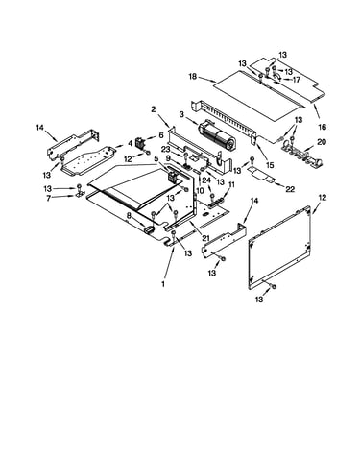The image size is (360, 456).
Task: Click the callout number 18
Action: [193, 77]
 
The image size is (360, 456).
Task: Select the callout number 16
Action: [323, 127]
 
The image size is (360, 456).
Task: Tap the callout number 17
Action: [297, 79]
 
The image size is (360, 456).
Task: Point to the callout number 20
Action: [322, 142]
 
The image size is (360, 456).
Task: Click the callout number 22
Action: [290, 189]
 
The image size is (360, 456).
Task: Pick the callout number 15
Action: [270, 165]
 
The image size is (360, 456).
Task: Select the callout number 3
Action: [181, 114]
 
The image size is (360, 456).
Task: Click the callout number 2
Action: [154, 109]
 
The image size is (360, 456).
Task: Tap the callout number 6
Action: [161, 135]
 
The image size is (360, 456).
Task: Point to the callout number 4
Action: [130, 143]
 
